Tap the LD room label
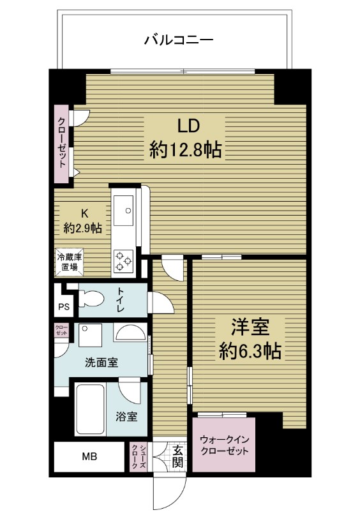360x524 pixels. pyautogui.click(x=185, y=124)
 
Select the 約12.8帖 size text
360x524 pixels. pyautogui.click(x=185, y=150)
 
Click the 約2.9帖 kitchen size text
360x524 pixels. pyautogui.click(x=82, y=227)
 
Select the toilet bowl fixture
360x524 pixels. pyautogui.click(x=93, y=298)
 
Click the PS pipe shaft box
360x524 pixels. pyautogui.click(x=64, y=306)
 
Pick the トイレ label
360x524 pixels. pyautogui.click(x=121, y=299)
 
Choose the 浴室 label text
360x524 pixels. pyautogui.click(x=126, y=417)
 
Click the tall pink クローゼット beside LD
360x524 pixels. pyautogui.click(x=62, y=144)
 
